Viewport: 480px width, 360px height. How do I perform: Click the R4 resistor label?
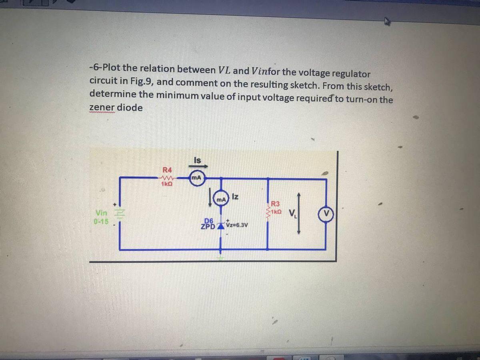coord(166,169)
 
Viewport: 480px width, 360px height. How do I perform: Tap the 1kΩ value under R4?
coord(167,184)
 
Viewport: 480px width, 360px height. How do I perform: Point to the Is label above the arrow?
coord(197,160)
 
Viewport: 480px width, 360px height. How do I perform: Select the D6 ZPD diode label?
coord(208,224)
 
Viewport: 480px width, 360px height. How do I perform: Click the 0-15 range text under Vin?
coord(102,221)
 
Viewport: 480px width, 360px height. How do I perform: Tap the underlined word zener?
coord(102,108)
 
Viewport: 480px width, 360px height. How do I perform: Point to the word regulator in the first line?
coord(350,74)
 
